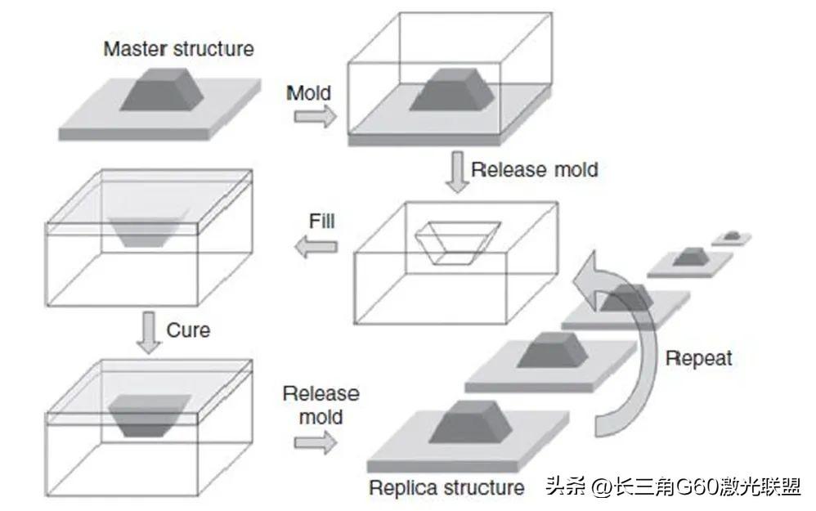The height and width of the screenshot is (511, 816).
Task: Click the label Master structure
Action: (x=178, y=48)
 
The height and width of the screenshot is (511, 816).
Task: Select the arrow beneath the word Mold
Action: (x=315, y=117)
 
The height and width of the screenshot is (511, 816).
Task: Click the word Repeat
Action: (x=698, y=357)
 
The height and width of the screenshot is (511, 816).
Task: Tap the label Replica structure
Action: (x=446, y=488)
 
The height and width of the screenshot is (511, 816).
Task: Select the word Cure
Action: (x=188, y=330)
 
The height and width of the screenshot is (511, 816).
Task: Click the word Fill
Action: (x=321, y=222)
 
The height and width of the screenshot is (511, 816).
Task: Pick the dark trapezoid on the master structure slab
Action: (x=163, y=91)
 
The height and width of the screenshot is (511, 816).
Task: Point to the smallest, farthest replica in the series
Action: (x=733, y=236)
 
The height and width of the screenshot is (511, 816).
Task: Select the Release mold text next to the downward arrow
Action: (x=535, y=170)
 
